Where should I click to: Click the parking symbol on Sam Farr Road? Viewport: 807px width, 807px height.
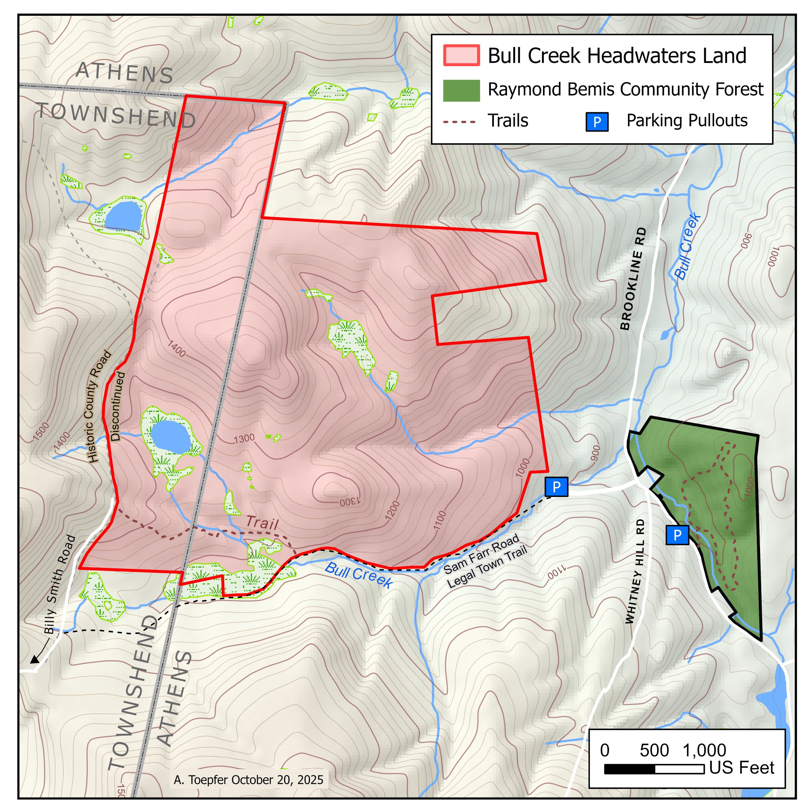pos(556,487)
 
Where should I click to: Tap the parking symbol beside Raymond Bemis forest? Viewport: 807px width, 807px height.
pos(677,535)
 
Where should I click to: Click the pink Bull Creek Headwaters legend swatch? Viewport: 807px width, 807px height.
pos(461,55)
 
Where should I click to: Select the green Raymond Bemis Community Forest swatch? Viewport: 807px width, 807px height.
pos(461,90)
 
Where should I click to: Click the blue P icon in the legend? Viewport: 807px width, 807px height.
pos(597,122)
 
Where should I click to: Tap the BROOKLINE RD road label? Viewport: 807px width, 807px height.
pos(631,279)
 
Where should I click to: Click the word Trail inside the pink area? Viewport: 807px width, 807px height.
pos(262,523)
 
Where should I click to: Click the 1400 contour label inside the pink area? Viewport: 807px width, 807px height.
pos(176,348)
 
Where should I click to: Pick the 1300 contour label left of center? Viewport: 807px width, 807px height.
pos(244,438)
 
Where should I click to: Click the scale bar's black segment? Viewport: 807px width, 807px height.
pos(630,769)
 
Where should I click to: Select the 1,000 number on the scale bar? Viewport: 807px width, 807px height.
pos(704,751)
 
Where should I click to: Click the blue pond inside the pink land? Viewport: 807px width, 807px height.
pos(171,437)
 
